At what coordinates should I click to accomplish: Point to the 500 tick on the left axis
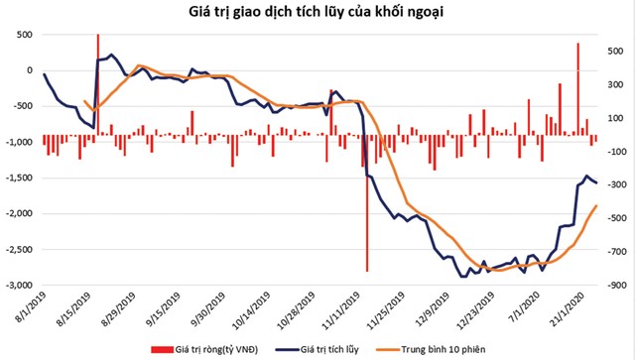click(x=21, y=35)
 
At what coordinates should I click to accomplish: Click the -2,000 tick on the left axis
click(x=17, y=213)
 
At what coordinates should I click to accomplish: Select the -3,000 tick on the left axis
click(x=17, y=285)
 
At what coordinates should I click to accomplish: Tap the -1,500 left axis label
click(x=17, y=178)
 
